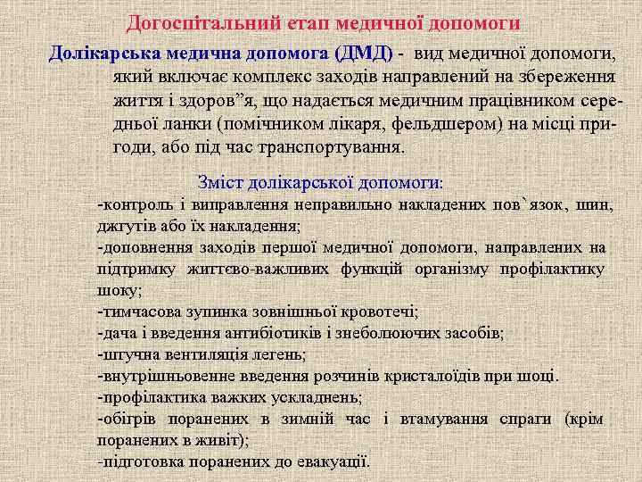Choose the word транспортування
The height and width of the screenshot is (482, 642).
click(336, 147)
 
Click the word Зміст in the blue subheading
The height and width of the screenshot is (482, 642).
click(223, 182)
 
